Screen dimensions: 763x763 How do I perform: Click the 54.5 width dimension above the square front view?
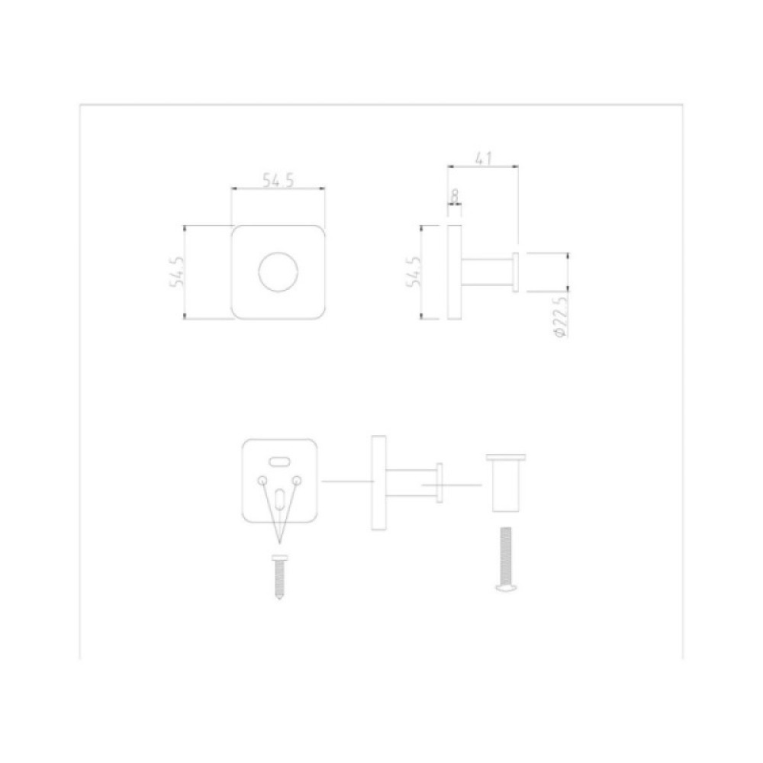pyautogui.click(x=278, y=180)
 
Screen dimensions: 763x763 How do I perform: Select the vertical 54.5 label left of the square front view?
pyautogui.click(x=177, y=272)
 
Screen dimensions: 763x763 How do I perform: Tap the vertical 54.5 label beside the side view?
pyautogui.click(x=414, y=272)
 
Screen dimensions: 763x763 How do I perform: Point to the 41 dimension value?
pyautogui.click(x=484, y=159)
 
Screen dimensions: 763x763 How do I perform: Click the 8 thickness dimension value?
pyautogui.click(x=455, y=195)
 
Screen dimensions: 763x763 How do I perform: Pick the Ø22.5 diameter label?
pyautogui.click(x=561, y=317)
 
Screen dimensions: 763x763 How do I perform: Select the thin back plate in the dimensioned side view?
pyautogui.click(x=455, y=272)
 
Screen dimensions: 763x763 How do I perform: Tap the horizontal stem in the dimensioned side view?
pyautogui.click(x=487, y=272)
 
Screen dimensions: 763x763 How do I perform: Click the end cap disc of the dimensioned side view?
pyautogui.click(x=516, y=272)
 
